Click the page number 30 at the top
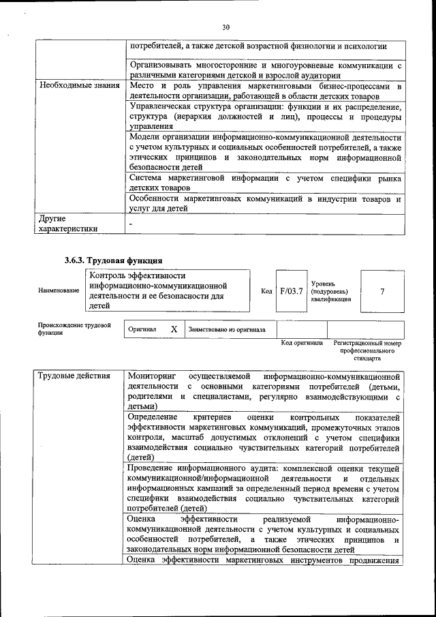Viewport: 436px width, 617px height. point(226,27)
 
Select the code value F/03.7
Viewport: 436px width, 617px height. point(291,291)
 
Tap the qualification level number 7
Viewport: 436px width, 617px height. point(382,291)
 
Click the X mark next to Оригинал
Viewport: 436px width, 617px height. point(174,329)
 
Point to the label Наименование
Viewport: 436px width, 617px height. point(58,291)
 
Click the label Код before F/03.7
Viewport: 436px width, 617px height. point(266,291)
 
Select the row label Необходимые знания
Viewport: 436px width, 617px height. point(79,87)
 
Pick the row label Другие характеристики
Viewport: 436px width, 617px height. point(68,224)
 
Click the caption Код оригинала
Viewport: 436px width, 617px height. point(302,343)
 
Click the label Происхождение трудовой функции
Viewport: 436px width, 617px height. point(74,329)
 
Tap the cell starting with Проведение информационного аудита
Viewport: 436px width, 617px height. point(263,488)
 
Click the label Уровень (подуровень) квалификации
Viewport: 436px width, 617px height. point(331,291)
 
